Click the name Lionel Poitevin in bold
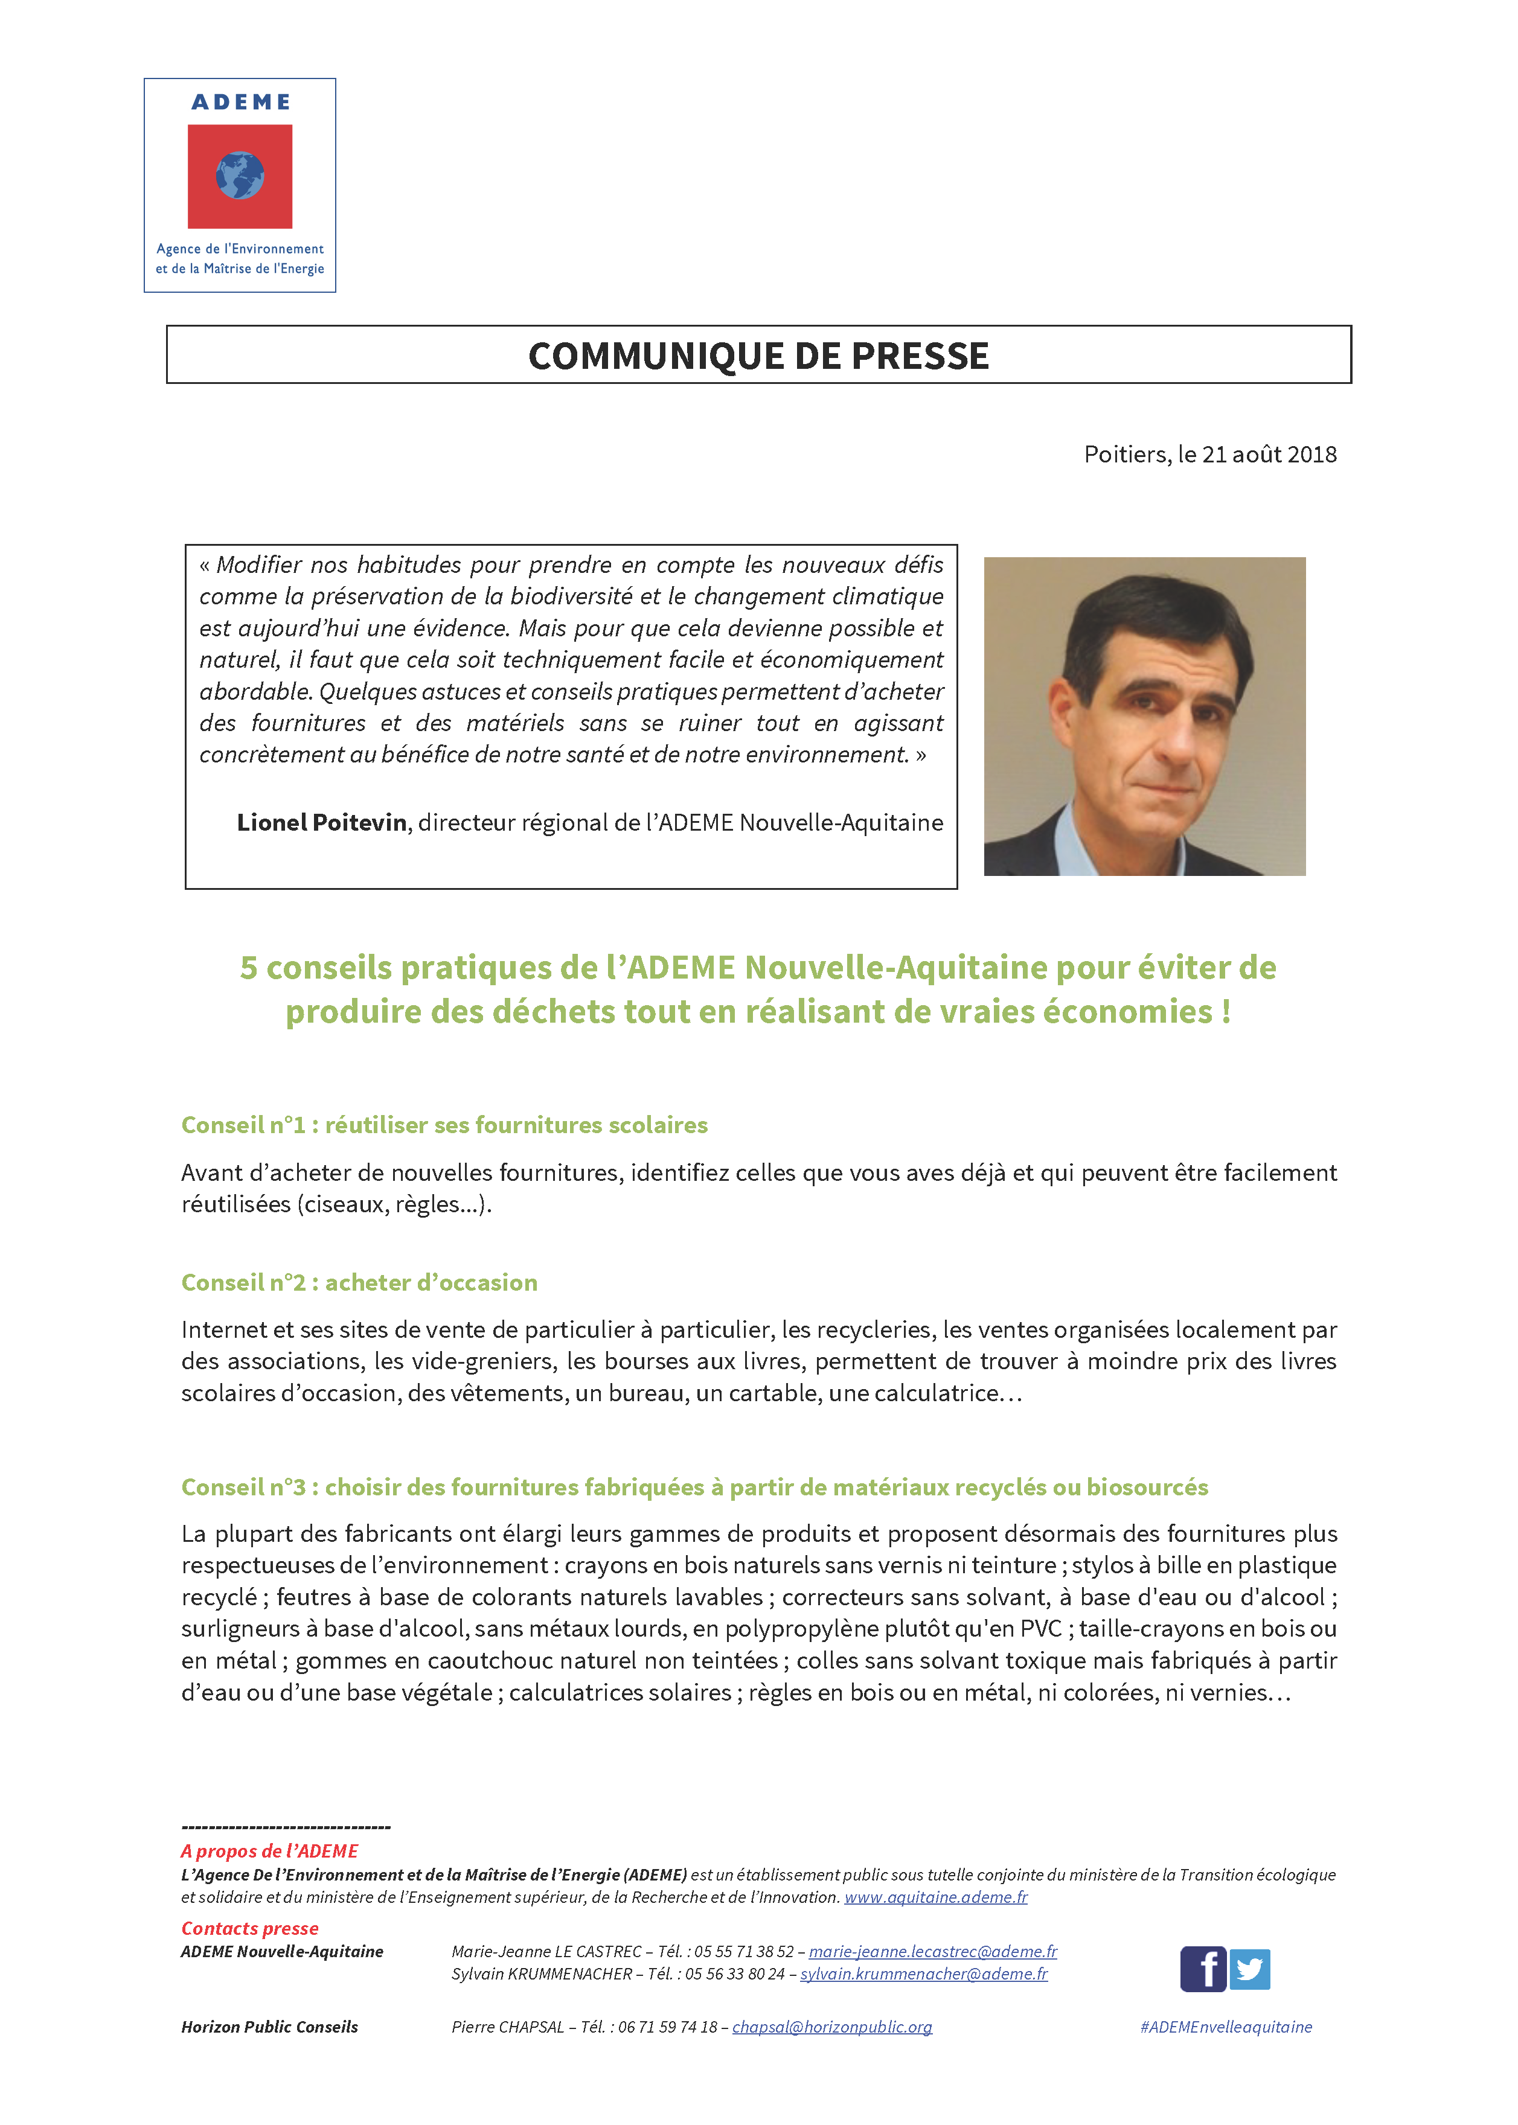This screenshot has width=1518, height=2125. pos(322,822)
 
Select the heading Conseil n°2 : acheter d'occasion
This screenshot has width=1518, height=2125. pos(359,1282)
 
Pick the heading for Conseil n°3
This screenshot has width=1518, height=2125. pos(694,1487)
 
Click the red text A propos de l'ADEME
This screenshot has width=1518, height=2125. pos(269,1851)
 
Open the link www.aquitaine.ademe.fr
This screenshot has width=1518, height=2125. pos(936,1897)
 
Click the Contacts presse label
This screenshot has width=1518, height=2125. pos(249,1928)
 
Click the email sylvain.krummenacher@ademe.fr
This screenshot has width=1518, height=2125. pos(923,1973)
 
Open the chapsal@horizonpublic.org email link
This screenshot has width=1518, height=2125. pos(832,2027)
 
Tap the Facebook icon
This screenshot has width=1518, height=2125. pos(1203,1969)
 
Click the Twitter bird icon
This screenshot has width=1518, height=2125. pos(1250,1969)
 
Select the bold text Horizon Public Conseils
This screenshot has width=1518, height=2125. pos(269,2027)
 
